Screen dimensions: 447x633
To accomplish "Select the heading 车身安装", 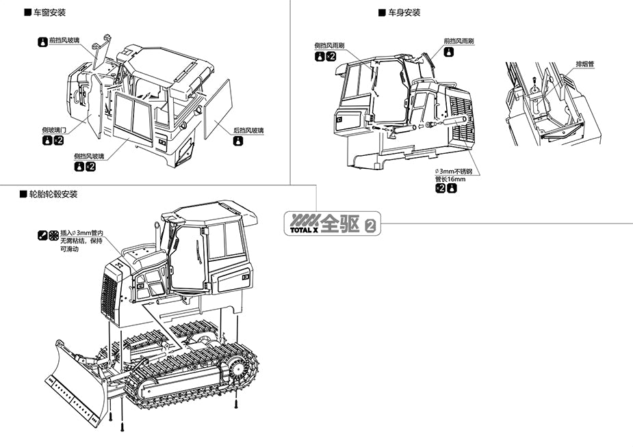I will [404, 12].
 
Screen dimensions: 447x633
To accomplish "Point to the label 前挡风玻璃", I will [64, 40].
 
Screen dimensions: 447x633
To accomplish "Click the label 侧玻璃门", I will [53, 129].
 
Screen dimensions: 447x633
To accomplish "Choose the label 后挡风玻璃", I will [248, 130].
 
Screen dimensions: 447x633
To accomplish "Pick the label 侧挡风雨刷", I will [329, 46].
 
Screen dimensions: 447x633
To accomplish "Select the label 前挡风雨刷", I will [458, 41].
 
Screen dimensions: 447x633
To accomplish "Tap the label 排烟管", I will [584, 64].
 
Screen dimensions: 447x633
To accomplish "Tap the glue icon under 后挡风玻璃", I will [237, 141].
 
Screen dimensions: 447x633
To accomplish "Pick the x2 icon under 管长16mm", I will [440, 189].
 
